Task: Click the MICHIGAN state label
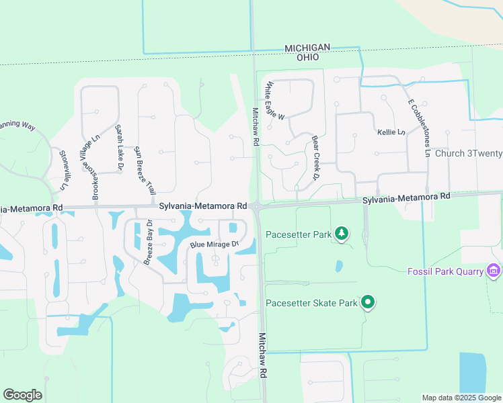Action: pyautogui.click(x=307, y=48)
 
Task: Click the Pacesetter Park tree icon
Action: pyautogui.click(x=342, y=234)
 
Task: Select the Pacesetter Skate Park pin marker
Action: pyautogui.click(x=367, y=303)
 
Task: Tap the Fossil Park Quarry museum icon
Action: pyautogui.click(x=494, y=271)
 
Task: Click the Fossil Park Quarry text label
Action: pyautogui.click(x=446, y=271)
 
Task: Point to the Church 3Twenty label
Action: pyautogui.click(x=469, y=153)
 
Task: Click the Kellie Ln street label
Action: pyautogui.click(x=391, y=132)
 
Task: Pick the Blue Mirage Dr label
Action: pyautogui.click(x=215, y=244)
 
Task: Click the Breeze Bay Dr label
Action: pyautogui.click(x=149, y=241)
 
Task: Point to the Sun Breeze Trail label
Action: pyautogui.click(x=145, y=170)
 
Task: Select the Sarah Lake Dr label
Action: pyautogui.click(x=120, y=146)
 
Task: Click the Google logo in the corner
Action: pyautogui.click(x=22, y=394)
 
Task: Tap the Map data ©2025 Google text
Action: pyautogui.click(x=461, y=398)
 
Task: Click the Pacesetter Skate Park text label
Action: pyautogui.click(x=311, y=304)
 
